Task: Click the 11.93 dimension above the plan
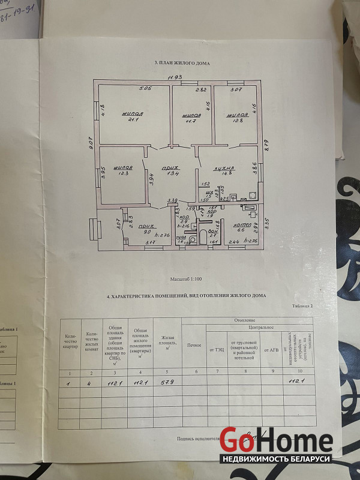(175, 77)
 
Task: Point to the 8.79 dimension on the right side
(267, 145)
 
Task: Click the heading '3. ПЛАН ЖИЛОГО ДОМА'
(181, 62)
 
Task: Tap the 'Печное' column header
(193, 345)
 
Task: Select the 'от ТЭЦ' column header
(216, 350)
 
